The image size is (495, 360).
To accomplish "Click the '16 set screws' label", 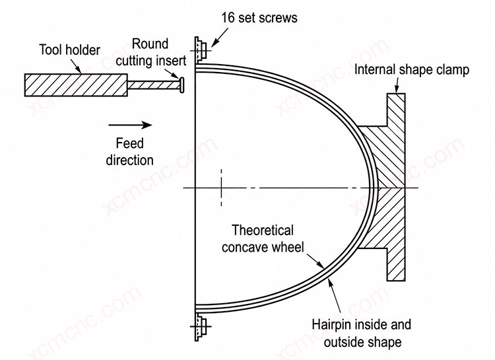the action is [259, 17].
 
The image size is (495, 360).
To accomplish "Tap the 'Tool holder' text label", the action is [69, 50].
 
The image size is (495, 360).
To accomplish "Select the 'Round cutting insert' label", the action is [150, 52].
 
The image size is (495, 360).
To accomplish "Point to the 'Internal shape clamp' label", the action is [412, 70].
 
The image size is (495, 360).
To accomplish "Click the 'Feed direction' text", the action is [129, 152].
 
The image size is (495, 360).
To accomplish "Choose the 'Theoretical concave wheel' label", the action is [263, 238].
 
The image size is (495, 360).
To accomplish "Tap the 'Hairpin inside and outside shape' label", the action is [362, 333].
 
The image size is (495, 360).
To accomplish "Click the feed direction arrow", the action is [130, 125].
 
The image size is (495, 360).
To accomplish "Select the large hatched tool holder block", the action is [76, 85].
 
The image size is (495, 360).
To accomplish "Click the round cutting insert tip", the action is [181, 85].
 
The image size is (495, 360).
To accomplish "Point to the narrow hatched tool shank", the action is [153, 85].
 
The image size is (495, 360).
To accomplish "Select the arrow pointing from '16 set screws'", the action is [220, 38].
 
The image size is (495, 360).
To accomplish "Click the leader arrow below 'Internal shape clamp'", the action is [397, 85].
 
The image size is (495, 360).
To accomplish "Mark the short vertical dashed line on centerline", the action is [221, 188].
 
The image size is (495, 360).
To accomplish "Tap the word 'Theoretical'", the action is [263, 231].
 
